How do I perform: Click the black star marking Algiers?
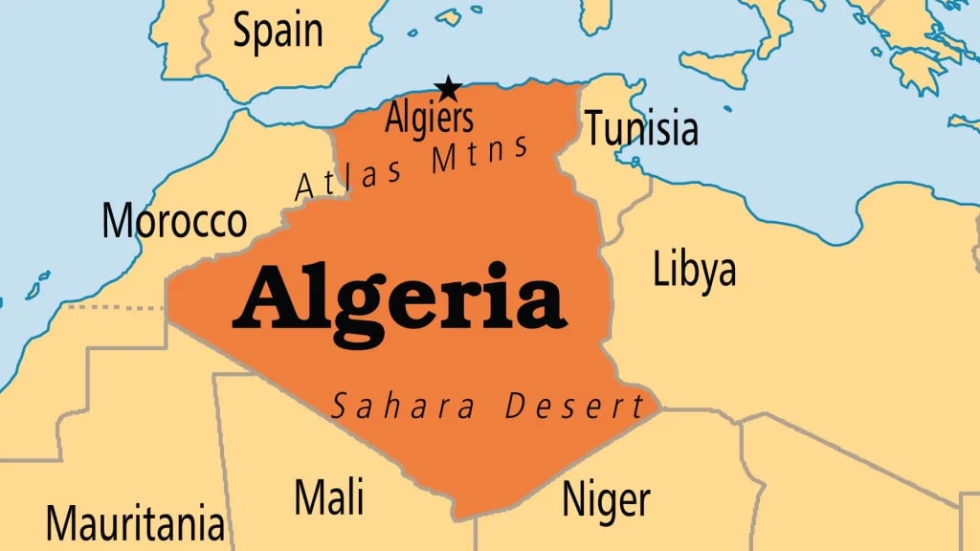(x=449, y=89)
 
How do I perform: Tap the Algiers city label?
(x=429, y=119)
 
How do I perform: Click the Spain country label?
(x=278, y=32)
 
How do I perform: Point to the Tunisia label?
(x=641, y=128)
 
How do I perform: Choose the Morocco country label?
(x=174, y=222)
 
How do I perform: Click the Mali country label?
(x=328, y=496)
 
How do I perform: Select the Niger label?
(x=606, y=499)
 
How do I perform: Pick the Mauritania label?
(x=135, y=523)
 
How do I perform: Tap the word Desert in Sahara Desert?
(x=575, y=407)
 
